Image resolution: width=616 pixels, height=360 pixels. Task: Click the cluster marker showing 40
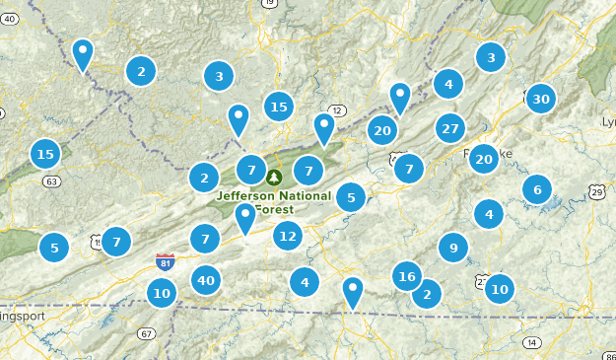point(205,281)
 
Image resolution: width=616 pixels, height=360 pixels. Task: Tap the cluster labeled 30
point(540,99)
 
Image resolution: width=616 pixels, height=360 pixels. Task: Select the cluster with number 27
point(450,128)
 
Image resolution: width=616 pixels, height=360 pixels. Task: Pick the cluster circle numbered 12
point(288,236)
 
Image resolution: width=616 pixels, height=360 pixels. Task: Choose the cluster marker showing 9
point(453,248)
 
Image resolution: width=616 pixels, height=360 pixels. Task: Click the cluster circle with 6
point(537,189)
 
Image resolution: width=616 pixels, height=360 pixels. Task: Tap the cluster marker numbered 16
point(407,277)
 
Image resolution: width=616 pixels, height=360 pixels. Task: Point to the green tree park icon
point(274,178)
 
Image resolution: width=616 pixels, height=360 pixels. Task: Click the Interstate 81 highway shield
point(166,261)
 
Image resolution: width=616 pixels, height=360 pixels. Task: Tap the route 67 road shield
point(146,333)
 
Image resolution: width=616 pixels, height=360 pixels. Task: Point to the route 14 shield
point(532,342)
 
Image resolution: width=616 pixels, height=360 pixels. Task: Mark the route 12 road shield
point(339,109)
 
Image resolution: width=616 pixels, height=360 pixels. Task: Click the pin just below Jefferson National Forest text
point(245,218)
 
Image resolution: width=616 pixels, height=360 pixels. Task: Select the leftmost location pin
point(84,54)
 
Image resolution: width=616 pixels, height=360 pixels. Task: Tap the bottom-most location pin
point(353,292)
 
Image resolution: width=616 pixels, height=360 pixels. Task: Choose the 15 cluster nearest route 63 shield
point(44,154)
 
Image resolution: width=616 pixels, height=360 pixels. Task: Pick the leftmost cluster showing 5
point(54,247)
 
